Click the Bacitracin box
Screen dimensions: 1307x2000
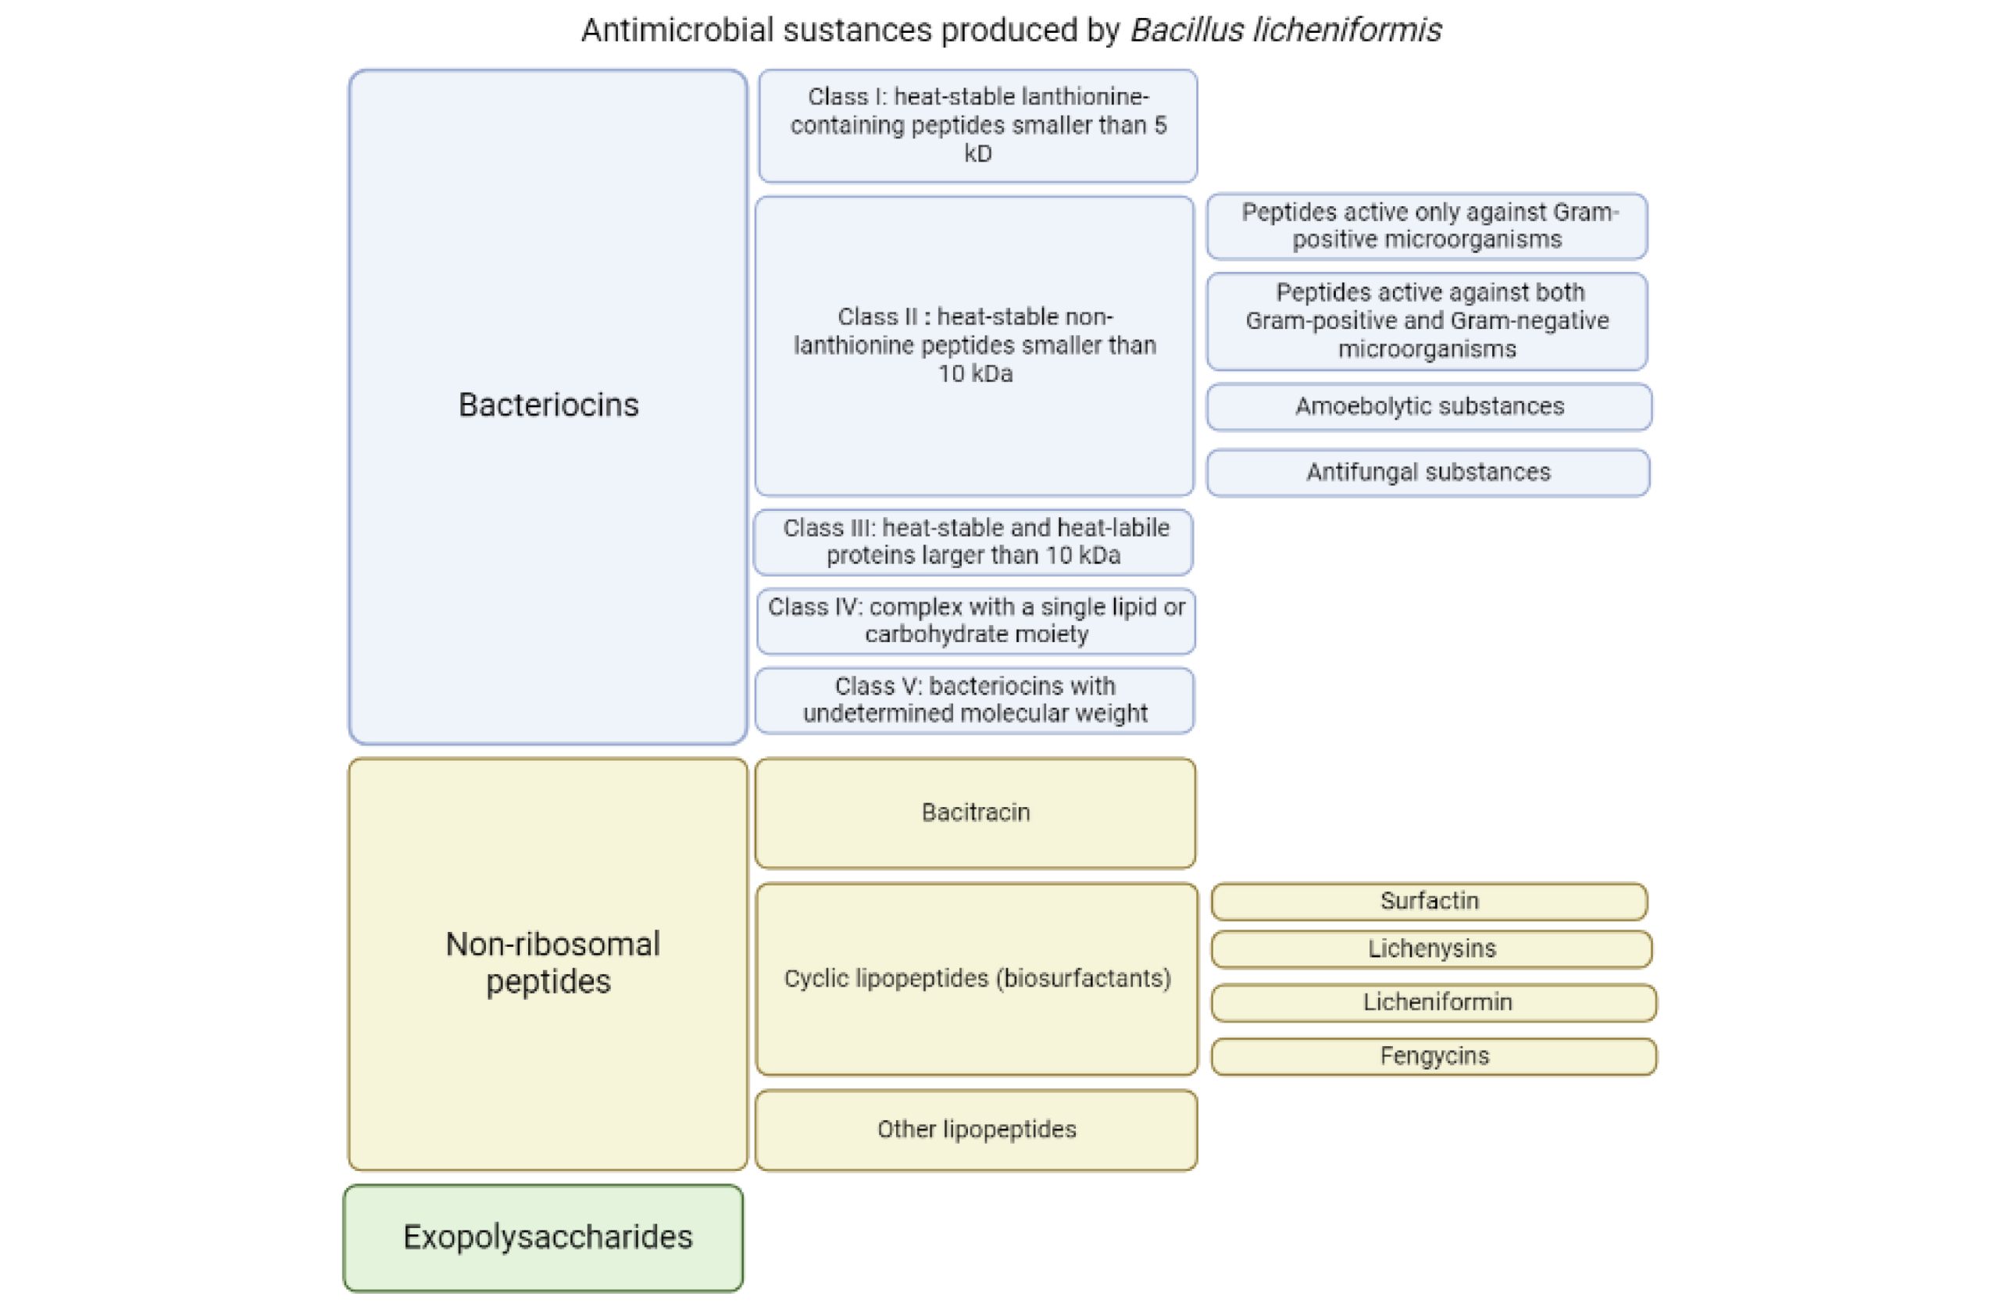tap(975, 812)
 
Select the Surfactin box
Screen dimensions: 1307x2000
tap(1429, 901)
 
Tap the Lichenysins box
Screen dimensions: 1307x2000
tap(1431, 949)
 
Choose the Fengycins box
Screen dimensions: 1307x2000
tap(1434, 1055)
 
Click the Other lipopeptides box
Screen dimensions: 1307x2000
tap(976, 1129)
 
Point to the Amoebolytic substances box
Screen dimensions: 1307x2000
tap(1429, 407)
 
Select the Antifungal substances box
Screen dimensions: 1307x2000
tap(1427, 473)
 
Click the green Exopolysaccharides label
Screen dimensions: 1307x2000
tap(547, 1237)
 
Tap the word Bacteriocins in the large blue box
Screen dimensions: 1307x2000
tap(548, 405)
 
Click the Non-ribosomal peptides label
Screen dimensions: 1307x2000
tap(552, 962)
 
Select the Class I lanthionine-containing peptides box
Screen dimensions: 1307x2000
tap(977, 125)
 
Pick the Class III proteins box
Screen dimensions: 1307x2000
tap(973, 541)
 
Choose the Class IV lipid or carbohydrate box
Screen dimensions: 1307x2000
tap(976, 620)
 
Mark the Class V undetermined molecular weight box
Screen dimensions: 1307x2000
tap(974, 699)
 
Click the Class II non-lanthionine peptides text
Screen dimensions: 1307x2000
tap(975, 345)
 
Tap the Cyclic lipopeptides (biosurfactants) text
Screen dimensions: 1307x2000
tap(977, 978)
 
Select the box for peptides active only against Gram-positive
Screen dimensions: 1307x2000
tap(1427, 226)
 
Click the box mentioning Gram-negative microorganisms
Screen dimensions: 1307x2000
tap(1427, 321)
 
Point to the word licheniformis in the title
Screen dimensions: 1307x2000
tap(1346, 31)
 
